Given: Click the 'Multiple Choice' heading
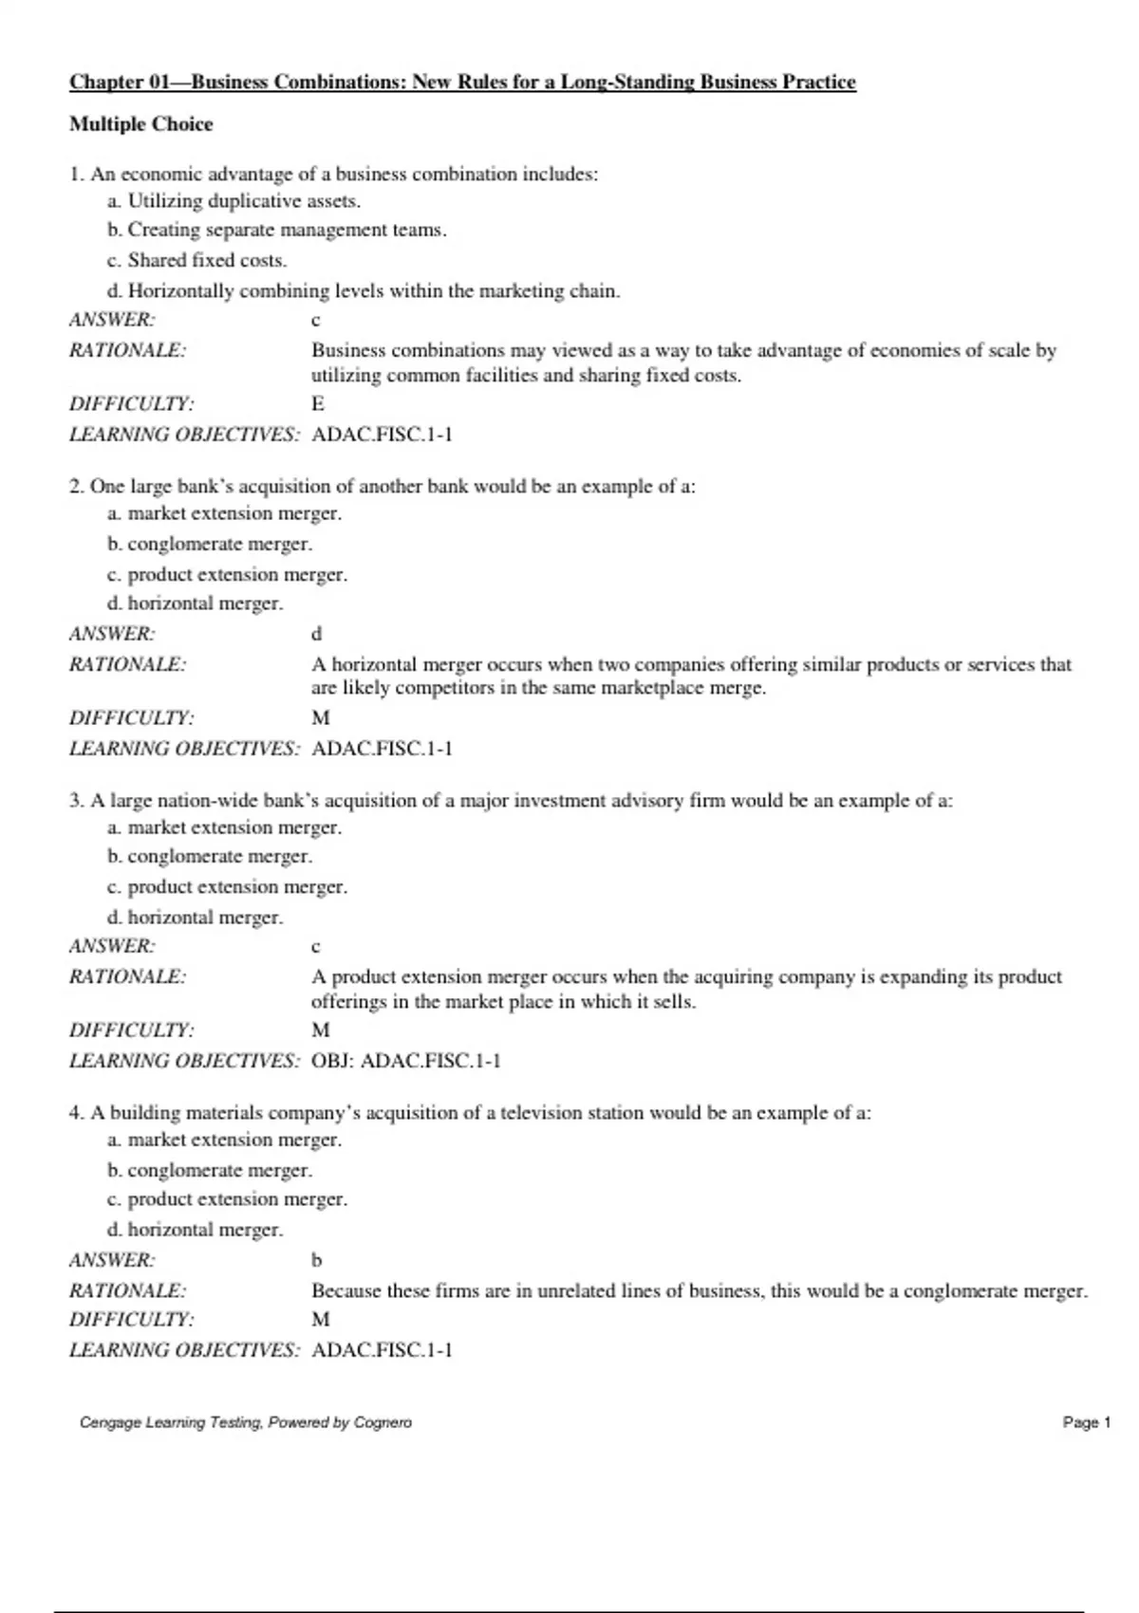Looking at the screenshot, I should tap(140, 124).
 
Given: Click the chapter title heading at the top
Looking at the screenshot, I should tap(462, 83).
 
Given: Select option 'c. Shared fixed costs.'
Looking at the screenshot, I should tap(197, 260).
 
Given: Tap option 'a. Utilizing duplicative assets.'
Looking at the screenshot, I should tap(233, 201).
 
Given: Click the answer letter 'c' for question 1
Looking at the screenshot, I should tap(316, 321).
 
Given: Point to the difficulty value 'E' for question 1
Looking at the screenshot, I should tap(318, 404).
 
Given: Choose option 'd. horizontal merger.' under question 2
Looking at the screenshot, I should tap(195, 603).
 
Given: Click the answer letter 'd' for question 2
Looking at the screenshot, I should tap(317, 634).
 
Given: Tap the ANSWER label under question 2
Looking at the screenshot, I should tap(112, 634).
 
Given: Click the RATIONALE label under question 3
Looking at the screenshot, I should tap(127, 977).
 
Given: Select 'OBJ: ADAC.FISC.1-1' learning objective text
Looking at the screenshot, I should tap(405, 1061).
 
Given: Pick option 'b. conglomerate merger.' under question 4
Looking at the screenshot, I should tap(210, 1170).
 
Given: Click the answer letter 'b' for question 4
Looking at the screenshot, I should tap(317, 1260).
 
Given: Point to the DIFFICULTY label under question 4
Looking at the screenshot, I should tap(131, 1320).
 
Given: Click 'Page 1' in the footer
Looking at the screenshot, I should tap(1086, 1422).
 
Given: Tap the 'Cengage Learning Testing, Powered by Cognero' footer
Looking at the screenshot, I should tap(246, 1422).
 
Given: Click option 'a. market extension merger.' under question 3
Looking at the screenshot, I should tap(224, 827).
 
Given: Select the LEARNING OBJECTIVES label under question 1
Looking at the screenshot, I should tap(184, 435).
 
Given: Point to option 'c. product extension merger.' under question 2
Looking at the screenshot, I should tap(227, 575).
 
